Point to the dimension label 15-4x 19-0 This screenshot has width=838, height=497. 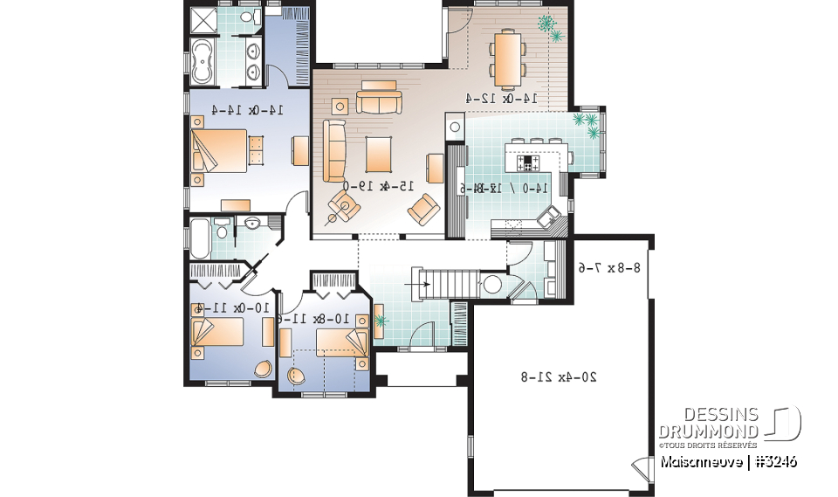tap(376, 186)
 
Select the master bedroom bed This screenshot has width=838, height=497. tap(218, 151)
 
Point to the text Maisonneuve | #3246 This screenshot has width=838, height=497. tap(728, 460)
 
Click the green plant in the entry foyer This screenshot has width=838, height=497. tap(379, 321)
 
